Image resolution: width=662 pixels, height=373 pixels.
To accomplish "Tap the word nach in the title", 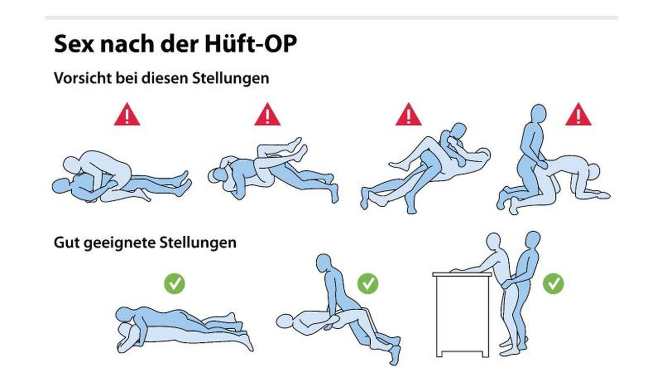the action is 127,44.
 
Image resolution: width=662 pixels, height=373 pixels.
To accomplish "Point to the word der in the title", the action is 179,44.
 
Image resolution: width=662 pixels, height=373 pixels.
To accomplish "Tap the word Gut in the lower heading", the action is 67,242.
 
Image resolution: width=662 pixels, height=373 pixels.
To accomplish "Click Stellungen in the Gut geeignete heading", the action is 198,243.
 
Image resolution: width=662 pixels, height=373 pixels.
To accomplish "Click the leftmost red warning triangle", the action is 127,115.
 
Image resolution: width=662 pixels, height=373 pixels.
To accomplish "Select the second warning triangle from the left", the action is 267,115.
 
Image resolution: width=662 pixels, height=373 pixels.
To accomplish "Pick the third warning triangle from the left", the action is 409,115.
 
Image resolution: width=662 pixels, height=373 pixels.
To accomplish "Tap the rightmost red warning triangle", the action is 578,115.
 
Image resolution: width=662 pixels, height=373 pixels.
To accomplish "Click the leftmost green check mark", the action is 175,284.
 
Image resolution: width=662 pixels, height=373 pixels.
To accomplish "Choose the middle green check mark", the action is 368,284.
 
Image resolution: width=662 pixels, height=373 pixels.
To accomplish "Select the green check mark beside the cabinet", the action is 553,284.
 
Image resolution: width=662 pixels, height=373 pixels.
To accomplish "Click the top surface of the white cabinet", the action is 462,275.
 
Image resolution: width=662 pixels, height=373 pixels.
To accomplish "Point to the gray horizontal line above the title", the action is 332,18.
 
